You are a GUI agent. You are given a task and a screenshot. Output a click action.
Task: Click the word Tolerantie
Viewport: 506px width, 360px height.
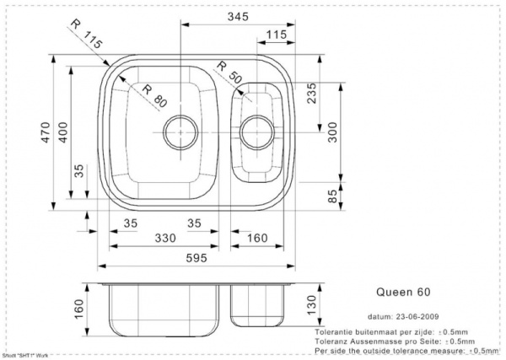coord(335,331)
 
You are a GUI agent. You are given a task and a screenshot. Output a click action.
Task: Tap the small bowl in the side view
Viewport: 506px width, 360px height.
coord(261,305)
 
